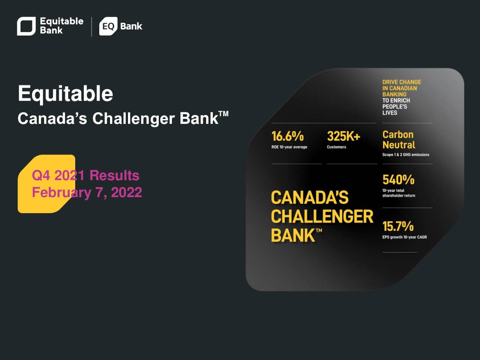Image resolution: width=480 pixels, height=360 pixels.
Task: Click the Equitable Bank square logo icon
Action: point(26,26)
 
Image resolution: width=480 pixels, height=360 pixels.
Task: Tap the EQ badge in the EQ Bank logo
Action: point(108,26)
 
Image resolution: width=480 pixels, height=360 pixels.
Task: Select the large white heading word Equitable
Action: point(65,93)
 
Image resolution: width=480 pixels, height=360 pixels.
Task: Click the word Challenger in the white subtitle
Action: point(133,119)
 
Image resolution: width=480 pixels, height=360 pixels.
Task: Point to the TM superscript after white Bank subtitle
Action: point(223,114)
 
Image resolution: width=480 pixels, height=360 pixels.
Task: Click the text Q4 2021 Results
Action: point(85,175)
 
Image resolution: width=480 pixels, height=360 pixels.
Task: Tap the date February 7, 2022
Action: point(87,192)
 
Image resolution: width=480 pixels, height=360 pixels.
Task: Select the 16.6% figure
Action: point(288,136)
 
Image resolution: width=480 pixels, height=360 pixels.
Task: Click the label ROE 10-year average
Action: point(289,147)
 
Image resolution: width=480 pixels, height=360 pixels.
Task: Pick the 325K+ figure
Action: point(343,136)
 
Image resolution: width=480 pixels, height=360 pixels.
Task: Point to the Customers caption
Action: point(336,147)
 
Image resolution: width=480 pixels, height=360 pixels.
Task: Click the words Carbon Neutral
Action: point(399,139)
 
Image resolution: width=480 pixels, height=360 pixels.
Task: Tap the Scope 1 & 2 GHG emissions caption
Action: point(406,155)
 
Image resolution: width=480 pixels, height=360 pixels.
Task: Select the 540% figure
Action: point(398,180)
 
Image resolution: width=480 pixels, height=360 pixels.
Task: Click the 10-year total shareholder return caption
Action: point(399,193)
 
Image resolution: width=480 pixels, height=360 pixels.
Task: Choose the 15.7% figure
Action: point(398,226)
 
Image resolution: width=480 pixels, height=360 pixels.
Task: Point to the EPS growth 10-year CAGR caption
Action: point(405,237)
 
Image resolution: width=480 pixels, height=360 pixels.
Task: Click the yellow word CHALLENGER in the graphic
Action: point(322,216)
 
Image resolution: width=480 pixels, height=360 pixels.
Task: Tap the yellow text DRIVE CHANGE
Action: point(402,82)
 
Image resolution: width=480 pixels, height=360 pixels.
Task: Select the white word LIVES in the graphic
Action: point(390,113)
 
